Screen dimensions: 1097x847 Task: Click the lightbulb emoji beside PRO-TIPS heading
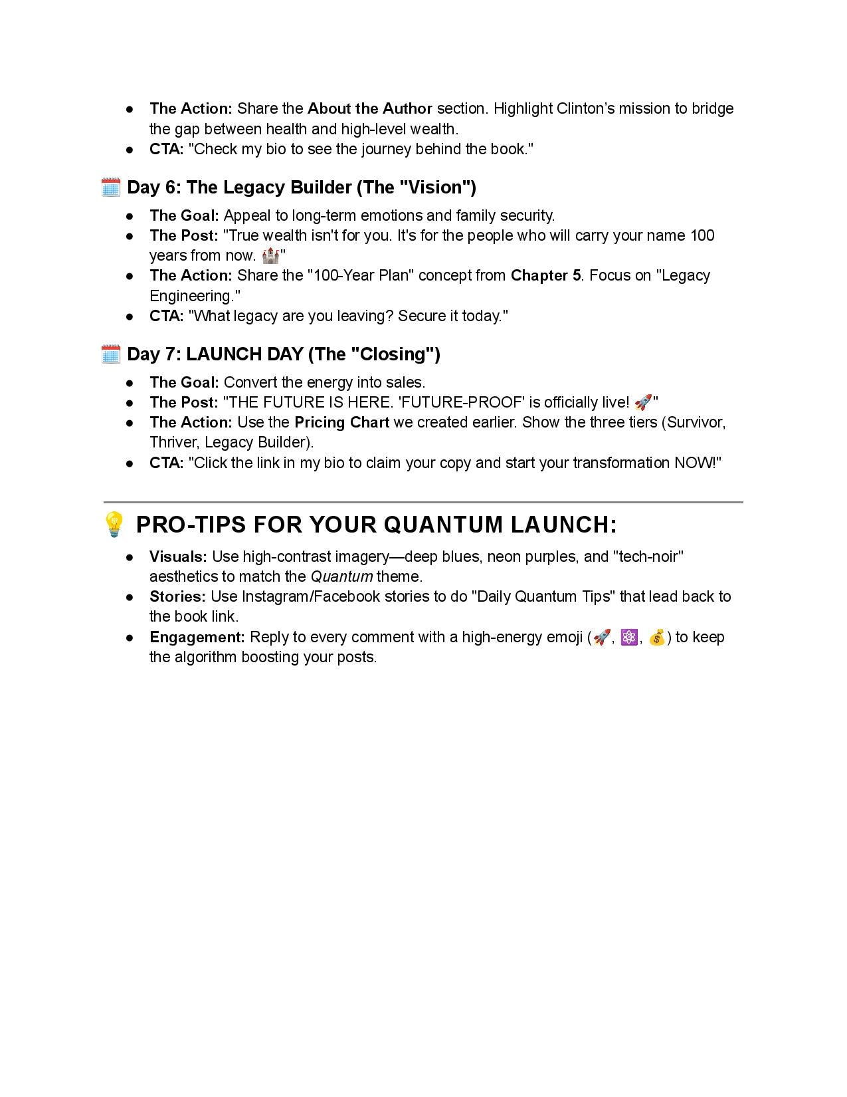click(114, 525)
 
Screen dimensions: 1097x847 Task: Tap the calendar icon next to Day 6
click(110, 187)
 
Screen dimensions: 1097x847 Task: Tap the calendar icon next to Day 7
click(110, 354)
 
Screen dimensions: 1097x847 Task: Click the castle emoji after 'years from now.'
click(270, 255)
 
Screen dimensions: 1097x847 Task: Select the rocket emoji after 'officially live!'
click(642, 402)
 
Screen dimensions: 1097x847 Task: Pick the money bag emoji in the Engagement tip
click(657, 637)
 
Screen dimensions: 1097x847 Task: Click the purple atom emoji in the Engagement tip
click(629, 637)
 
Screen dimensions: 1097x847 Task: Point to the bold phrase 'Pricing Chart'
click(341, 422)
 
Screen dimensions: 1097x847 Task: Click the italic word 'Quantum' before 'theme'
click(341, 576)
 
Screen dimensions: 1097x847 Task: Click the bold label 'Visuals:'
click(178, 556)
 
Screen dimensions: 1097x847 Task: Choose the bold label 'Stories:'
click(177, 596)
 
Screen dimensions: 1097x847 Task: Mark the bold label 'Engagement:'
click(197, 637)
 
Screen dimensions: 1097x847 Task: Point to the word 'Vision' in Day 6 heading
click(437, 187)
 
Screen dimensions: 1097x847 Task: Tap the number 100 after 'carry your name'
click(702, 235)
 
